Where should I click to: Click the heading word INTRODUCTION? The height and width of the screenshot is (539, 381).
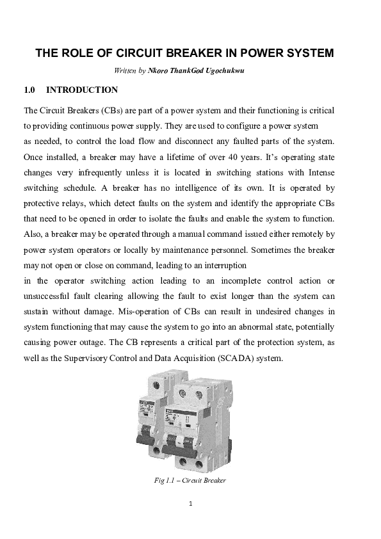coord(83,90)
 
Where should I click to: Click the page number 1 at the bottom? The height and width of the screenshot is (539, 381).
coord(191,503)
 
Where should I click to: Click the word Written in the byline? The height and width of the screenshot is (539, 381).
coord(124,70)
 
